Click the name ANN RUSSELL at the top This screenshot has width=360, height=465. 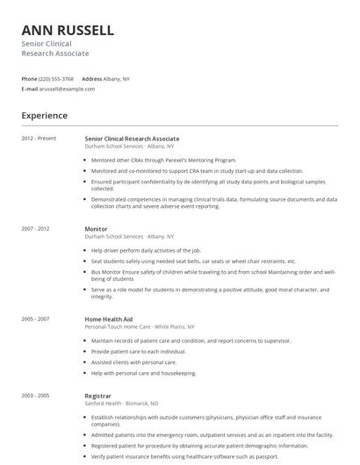click(68, 30)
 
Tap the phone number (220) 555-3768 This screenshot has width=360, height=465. click(56, 78)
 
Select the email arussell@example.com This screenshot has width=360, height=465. click(67, 89)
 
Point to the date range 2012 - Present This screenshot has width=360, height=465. click(39, 139)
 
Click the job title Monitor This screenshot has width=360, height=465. click(96, 229)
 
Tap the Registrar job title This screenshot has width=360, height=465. click(98, 397)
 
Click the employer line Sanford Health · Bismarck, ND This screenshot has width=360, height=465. click(121, 404)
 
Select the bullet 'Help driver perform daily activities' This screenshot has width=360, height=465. click(146, 251)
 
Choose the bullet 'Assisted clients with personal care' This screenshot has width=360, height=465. click(133, 361)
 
